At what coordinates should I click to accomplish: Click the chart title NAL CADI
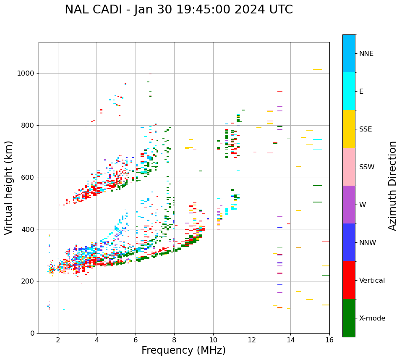tap(179, 10)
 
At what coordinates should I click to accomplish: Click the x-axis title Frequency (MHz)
tap(183, 350)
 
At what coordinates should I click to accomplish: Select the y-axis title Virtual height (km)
tap(9, 188)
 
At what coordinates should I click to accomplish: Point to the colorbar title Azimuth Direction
tap(392, 186)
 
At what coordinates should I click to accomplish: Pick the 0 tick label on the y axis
tap(32, 333)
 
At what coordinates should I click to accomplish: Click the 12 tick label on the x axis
tap(252, 340)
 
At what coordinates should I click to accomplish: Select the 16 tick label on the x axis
tap(329, 340)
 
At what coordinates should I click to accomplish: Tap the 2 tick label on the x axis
tap(58, 340)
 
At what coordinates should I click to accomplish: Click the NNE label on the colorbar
tap(366, 54)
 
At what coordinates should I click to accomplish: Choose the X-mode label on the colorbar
tap(372, 318)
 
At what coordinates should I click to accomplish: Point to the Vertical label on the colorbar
tap(372, 281)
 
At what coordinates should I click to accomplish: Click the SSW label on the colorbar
tap(367, 167)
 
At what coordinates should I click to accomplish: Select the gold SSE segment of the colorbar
tap(349, 129)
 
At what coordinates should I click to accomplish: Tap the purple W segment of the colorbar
tap(349, 205)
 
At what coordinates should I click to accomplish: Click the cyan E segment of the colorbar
tap(349, 91)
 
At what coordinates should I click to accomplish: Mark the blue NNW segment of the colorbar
tap(349, 242)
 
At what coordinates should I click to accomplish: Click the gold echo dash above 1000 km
tap(317, 69)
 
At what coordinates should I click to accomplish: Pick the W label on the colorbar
tap(362, 205)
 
